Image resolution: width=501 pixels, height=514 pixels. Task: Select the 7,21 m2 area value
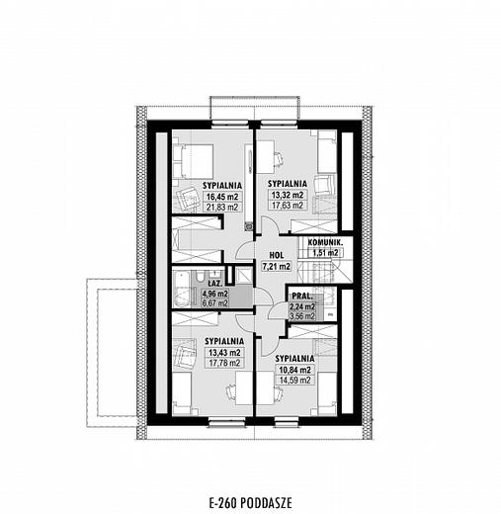[276, 266]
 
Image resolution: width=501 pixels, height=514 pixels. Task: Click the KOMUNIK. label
[324, 241]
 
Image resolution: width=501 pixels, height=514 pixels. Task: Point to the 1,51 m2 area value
[324, 253]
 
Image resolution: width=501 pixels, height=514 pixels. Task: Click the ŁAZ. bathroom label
[214, 282]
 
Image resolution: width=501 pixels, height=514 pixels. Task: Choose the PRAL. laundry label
[302, 296]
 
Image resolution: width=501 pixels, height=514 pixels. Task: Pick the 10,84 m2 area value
[294, 368]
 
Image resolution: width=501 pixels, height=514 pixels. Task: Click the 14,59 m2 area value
[294, 380]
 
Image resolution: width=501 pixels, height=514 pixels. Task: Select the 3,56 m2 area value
[301, 317]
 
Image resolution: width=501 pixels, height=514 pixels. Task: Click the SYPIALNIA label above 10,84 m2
[294, 357]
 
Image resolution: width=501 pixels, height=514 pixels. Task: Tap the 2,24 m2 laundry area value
[301, 306]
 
